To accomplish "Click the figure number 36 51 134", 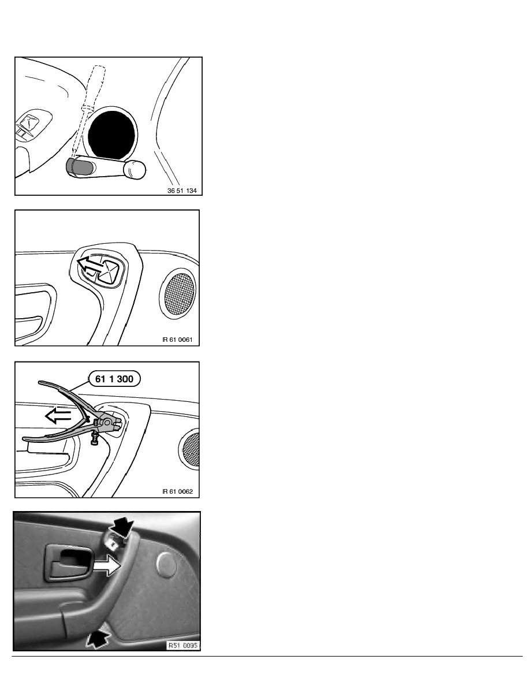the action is click(x=182, y=191).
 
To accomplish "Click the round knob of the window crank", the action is click(x=135, y=169).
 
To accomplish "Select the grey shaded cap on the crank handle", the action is click(x=80, y=167).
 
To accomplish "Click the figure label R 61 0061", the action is click(x=178, y=340).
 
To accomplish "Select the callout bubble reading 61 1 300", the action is click(x=114, y=379).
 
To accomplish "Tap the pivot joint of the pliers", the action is click(x=106, y=422).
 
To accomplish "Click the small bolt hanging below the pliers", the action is click(x=95, y=439).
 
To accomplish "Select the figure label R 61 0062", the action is click(x=178, y=491).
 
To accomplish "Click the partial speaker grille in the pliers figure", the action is click(x=191, y=449).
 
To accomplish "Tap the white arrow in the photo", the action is click(x=106, y=566).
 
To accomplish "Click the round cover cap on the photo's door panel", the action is click(x=167, y=564).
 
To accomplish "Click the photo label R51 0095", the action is click(x=183, y=646).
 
